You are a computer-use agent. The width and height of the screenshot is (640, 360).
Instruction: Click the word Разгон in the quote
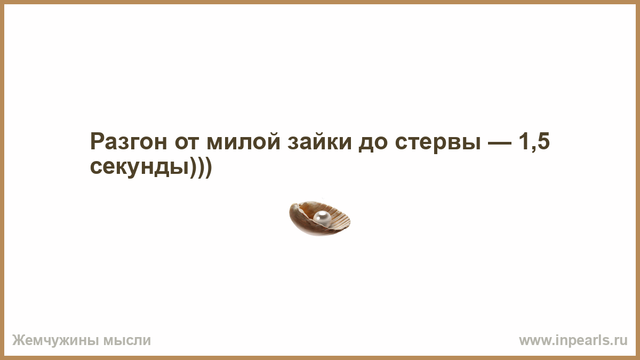129,142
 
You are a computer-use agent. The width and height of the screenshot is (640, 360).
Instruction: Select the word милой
243,142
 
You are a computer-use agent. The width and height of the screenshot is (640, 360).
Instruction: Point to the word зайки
319,142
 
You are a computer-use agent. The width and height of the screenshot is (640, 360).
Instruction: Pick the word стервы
438,145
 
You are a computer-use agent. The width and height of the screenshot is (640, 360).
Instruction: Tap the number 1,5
534,142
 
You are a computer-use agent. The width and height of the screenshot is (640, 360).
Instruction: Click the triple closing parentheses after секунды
201,167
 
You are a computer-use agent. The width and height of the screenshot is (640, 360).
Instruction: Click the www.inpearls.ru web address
573,341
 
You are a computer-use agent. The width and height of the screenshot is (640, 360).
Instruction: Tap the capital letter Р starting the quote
97,142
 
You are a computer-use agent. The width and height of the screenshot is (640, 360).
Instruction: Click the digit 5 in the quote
543,142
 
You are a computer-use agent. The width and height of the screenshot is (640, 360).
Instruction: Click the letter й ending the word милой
273,142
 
